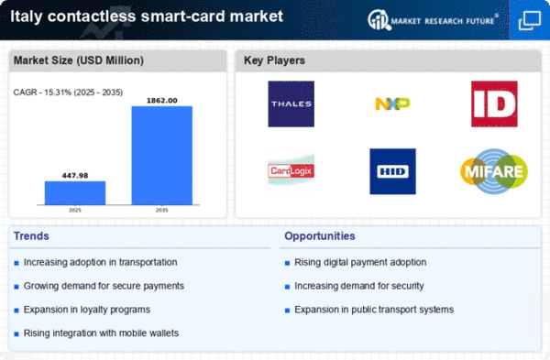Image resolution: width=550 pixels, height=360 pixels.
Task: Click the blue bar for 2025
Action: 75,192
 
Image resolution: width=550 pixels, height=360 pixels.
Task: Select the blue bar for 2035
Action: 162,156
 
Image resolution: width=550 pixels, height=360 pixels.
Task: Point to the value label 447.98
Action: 75,175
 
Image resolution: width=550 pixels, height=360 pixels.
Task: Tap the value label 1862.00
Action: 162,101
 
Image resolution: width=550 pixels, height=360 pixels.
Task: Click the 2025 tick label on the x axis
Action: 75,210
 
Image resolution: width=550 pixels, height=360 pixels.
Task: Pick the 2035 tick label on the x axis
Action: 161,210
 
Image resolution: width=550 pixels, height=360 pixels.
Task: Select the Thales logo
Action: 291,104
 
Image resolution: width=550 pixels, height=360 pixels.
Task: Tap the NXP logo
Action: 392,104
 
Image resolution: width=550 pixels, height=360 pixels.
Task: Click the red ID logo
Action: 494,104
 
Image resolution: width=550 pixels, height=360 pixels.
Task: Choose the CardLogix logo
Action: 291,171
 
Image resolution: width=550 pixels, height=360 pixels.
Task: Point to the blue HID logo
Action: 393,171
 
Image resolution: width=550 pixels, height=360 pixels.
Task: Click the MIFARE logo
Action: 494,171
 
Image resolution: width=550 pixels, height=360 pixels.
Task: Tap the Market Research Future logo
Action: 433,20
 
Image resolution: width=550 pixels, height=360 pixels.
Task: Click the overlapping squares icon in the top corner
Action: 530,21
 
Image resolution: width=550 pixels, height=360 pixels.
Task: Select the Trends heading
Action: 31,236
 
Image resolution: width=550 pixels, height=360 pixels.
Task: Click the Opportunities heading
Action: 320,236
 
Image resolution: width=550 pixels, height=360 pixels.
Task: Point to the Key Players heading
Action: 274,60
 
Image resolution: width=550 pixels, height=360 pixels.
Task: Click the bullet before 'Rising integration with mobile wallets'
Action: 16,333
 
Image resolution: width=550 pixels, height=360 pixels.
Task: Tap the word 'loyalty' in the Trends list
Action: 96,310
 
